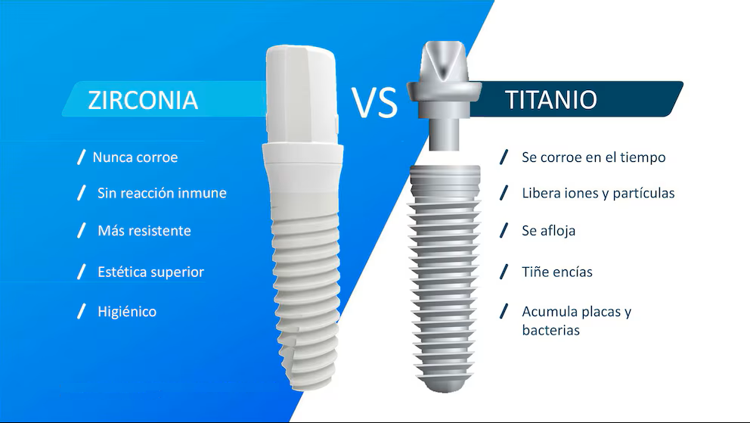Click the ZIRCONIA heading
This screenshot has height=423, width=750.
coord(143,100)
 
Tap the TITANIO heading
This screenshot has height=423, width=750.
coord(551,100)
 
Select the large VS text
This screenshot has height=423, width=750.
coord(374,102)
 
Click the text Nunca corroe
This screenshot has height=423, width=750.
coord(135,157)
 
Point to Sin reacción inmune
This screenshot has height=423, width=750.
coord(162,193)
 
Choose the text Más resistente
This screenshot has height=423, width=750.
coord(144,231)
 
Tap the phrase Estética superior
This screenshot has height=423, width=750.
coord(150,272)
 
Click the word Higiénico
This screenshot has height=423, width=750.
coord(127,312)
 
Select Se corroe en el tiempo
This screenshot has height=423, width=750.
coord(593,157)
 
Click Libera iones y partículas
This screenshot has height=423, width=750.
coord(598,193)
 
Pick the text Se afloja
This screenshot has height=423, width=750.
coord(549,231)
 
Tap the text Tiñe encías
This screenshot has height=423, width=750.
coord(557,272)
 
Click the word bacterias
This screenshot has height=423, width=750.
coord(550,330)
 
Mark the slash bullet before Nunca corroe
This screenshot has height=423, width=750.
coord(82,157)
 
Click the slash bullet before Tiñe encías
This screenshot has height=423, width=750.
coord(504,272)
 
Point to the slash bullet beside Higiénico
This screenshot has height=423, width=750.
coord(82,311)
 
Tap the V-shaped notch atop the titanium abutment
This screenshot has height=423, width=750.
coord(442,63)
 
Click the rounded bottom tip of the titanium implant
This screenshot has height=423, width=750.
coord(445,384)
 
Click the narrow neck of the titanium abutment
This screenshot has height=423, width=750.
coord(445,134)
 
